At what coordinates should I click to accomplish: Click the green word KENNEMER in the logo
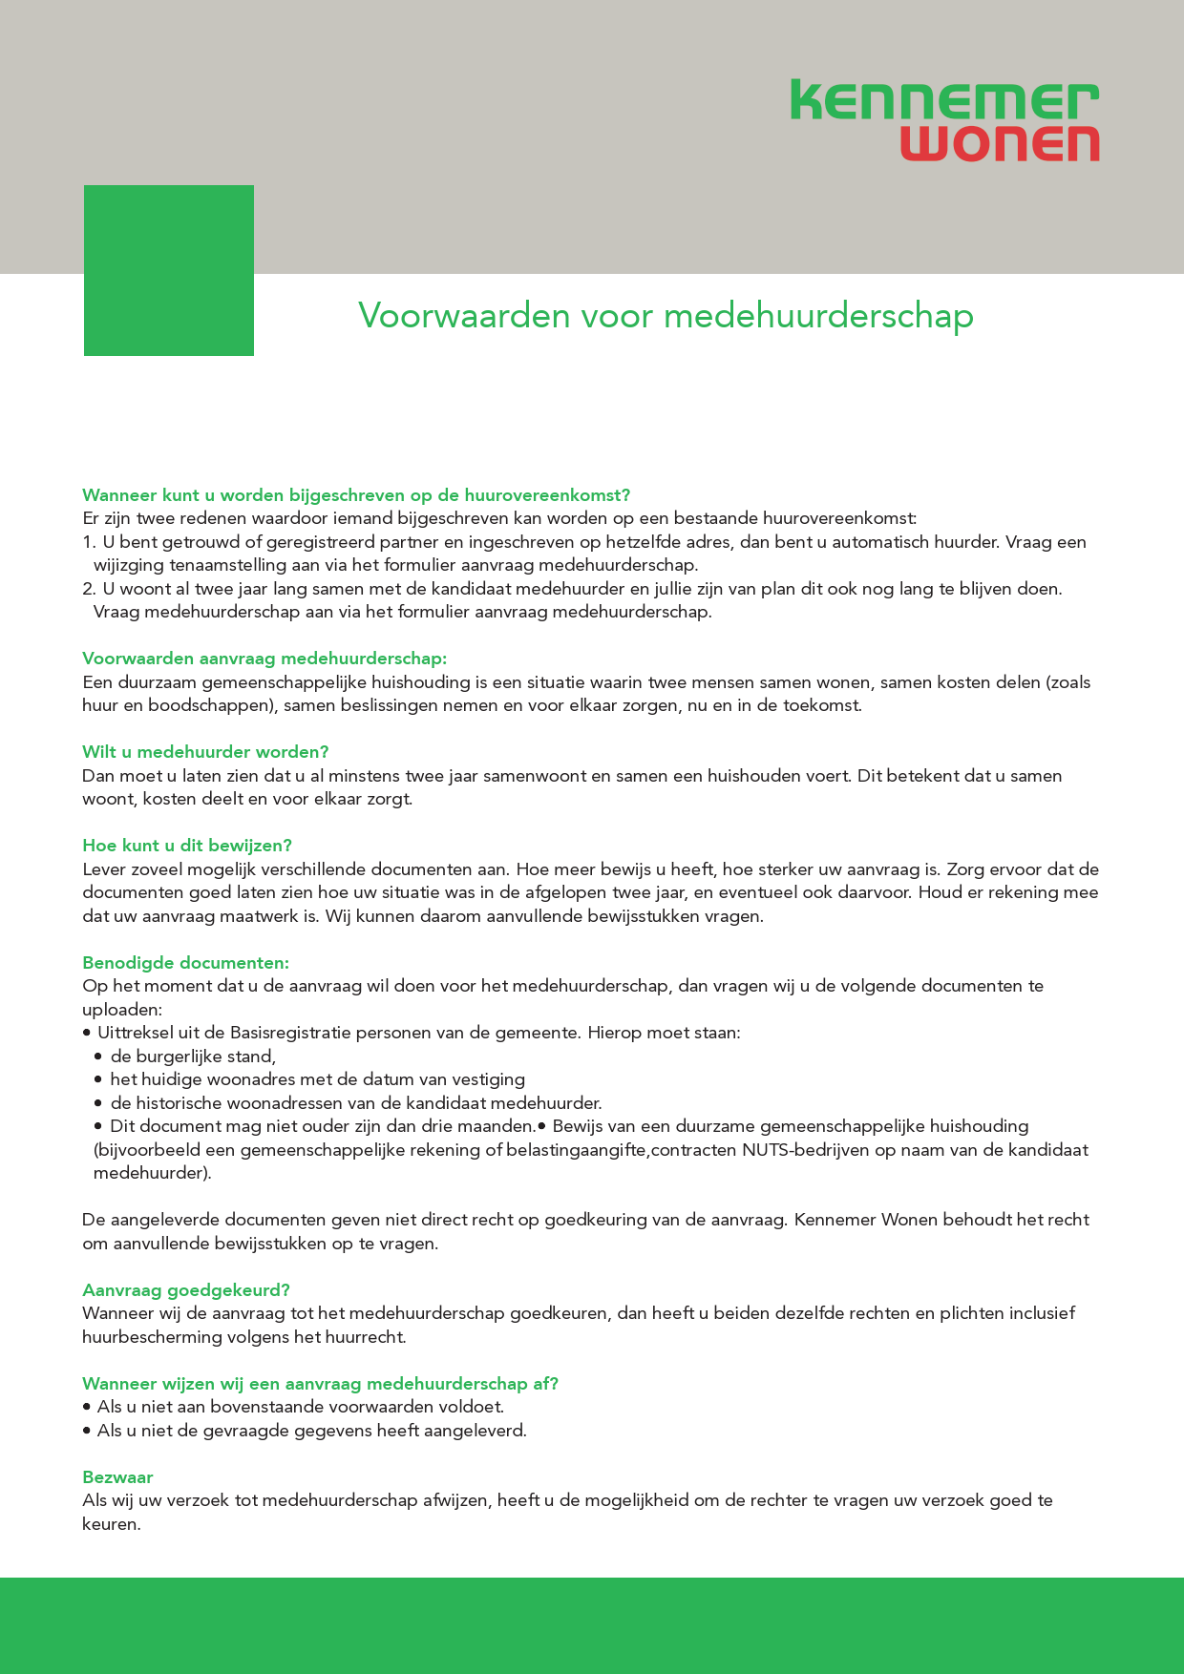[x=944, y=100]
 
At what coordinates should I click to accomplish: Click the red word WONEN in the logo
[x=1000, y=142]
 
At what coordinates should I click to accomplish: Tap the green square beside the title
[x=169, y=270]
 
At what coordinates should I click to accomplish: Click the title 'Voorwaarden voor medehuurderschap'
[x=666, y=315]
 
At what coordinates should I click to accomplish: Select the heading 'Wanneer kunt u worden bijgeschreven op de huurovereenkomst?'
[x=356, y=495]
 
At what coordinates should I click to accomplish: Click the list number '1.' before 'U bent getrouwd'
[x=90, y=542]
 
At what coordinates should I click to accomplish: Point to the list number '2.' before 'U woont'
[x=90, y=589]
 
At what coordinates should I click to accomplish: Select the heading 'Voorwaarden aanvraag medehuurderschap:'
[x=264, y=659]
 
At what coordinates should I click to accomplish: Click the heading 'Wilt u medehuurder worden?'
[x=205, y=752]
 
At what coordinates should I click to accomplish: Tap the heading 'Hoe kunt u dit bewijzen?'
[x=187, y=846]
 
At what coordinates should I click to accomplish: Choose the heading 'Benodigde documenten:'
[x=185, y=962]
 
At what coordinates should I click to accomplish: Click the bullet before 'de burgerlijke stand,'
[x=98, y=1057]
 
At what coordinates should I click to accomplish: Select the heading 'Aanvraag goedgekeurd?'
[x=186, y=1290]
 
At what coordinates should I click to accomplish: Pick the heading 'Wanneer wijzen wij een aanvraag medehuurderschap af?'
[x=320, y=1384]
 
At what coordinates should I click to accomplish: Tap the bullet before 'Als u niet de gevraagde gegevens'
[x=87, y=1431]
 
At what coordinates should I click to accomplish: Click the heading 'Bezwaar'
[x=117, y=1477]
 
